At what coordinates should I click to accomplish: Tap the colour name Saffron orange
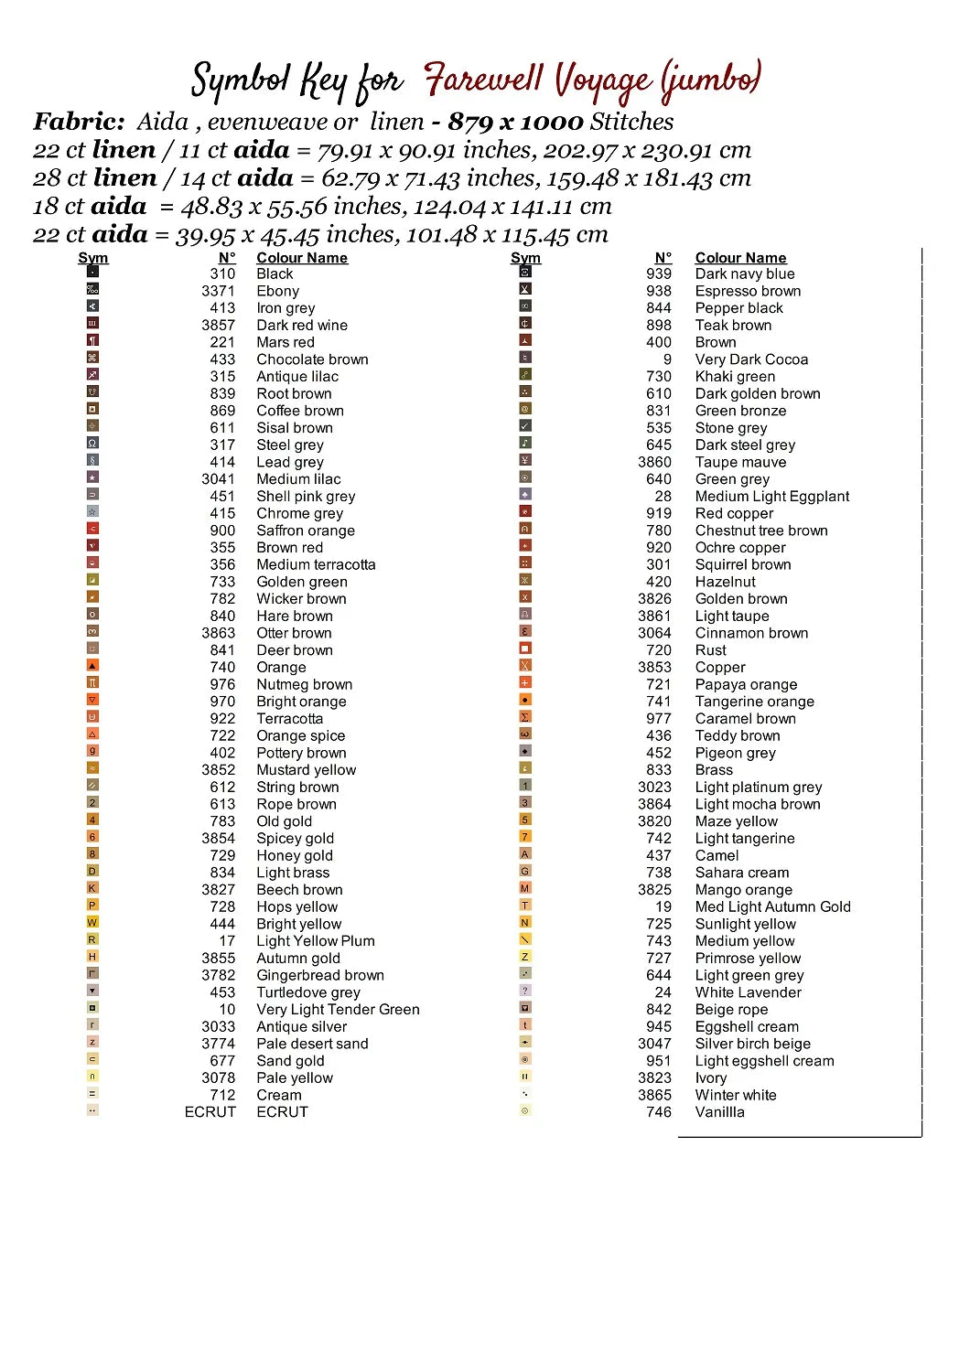click(x=305, y=531)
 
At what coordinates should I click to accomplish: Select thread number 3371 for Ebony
click(x=218, y=291)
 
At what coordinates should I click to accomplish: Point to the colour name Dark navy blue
click(x=744, y=273)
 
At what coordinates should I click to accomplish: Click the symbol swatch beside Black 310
click(x=92, y=272)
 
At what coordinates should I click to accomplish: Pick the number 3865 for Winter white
click(x=654, y=1095)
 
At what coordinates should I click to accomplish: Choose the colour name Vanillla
click(x=719, y=1112)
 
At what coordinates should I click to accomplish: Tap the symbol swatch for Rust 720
click(x=525, y=648)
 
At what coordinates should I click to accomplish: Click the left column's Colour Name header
click(x=302, y=258)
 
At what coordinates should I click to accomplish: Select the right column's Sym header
click(x=525, y=258)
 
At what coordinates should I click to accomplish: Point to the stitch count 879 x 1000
click(x=515, y=122)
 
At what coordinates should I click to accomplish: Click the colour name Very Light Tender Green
click(x=338, y=1010)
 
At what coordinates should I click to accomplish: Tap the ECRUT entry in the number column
click(x=210, y=1112)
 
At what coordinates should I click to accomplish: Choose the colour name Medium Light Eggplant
click(x=771, y=497)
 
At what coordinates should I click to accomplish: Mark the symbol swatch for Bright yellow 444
click(x=92, y=922)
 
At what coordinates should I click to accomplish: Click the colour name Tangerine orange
click(x=754, y=702)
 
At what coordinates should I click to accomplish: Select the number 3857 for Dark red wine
click(x=218, y=326)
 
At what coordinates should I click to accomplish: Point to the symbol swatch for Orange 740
click(x=92, y=666)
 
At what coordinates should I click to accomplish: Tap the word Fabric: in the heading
click(x=79, y=122)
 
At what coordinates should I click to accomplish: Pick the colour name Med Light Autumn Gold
click(x=772, y=907)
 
